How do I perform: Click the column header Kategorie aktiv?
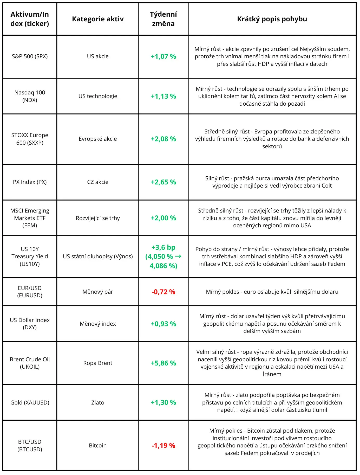(98, 19)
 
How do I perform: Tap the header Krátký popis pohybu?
(272, 19)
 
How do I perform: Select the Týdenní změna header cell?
(163, 19)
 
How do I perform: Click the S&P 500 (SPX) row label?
(30, 56)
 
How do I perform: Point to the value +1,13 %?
(163, 96)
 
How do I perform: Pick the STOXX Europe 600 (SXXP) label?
(30, 139)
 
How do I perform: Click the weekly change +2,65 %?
(163, 182)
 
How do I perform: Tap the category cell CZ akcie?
(98, 182)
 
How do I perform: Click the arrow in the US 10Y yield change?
(178, 256)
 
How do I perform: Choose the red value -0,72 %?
(163, 292)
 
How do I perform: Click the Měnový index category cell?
(98, 324)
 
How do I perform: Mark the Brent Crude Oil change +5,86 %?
(163, 363)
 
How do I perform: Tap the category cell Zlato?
(98, 403)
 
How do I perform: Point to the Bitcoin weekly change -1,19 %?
(163, 446)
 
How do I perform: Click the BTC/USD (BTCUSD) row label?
(30, 446)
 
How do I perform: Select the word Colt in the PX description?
(326, 186)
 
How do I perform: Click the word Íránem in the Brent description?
(272, 374)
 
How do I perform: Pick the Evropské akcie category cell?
(98, 139)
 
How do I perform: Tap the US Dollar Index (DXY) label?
(30, 324)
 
